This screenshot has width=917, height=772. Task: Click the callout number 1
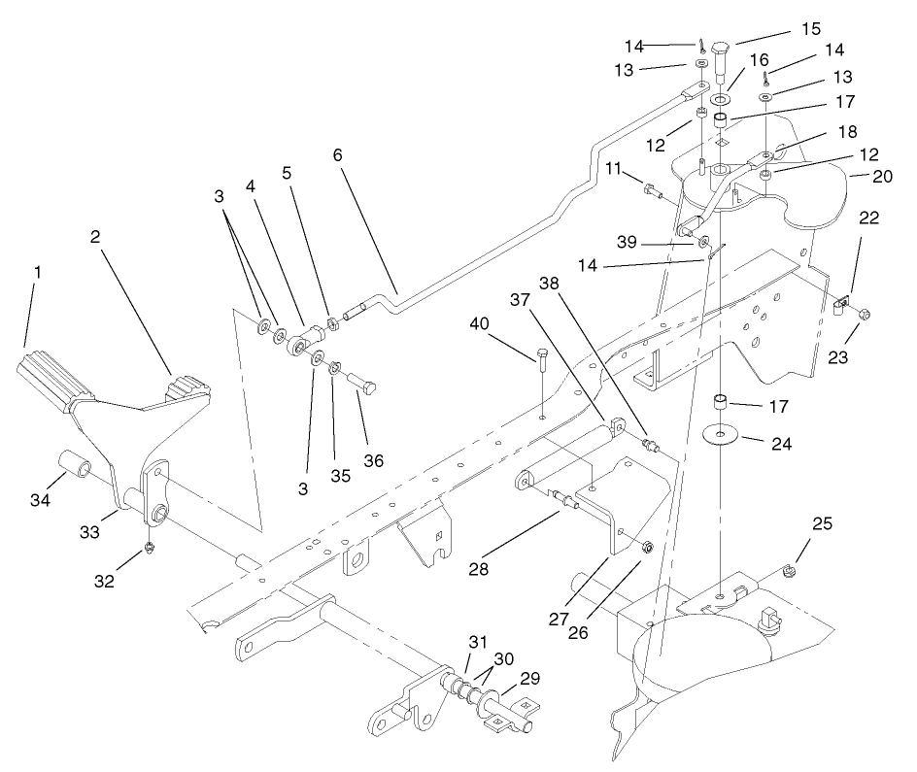tap(37, 275)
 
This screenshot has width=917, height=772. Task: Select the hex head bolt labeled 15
tap(721, 60)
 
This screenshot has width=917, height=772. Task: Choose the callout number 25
tap(822, 523)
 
